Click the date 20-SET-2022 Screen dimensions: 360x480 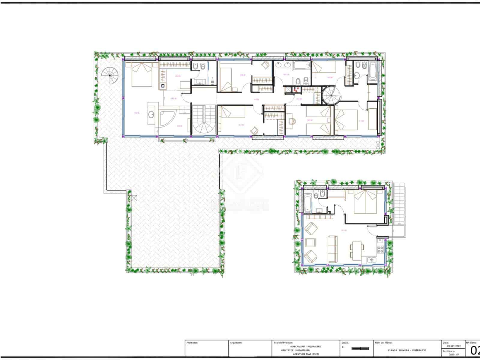tap(453, 346)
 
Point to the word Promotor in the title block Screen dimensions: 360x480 tap(192, 342)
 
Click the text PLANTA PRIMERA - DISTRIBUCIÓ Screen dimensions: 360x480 tap(407, 350)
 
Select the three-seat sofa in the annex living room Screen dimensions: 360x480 tap(332, 249)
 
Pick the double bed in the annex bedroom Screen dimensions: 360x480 tap(365, 202)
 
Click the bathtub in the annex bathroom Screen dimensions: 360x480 tap(308, 203)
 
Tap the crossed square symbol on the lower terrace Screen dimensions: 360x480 tap(133, 198)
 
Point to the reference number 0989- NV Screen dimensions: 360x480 tap(454, 355)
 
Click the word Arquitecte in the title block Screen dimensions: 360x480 tap(236, 342)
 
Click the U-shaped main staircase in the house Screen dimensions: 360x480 tap(204, 120)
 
